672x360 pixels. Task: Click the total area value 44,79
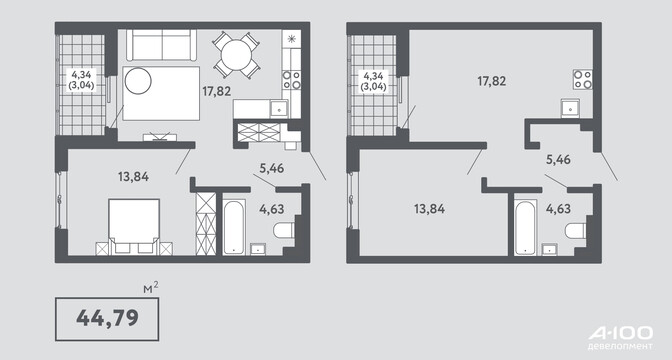(107, 318)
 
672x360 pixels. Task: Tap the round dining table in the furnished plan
(236, 55)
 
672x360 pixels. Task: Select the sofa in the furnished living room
(162, 45)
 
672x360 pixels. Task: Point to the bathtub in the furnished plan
(234, 227)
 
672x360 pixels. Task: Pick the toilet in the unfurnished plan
(575, 231)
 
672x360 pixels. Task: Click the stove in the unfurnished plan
(583, 79)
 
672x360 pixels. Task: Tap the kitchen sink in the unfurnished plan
(570, 108)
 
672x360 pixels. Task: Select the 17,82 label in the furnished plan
(217, 91)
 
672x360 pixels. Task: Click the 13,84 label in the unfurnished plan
(429, 209)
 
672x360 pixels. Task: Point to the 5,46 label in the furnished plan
(272, 168)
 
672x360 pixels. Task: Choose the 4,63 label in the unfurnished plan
(558, 209)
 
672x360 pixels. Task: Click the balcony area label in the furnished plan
(81, 79)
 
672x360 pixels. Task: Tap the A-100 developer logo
(621, 338)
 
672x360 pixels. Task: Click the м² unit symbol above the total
(151, 288)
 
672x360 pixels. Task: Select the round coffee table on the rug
(138, 81)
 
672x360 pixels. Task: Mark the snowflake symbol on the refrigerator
(291, 39)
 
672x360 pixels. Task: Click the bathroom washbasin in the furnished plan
(258, 249)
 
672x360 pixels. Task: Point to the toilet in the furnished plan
(284, 230)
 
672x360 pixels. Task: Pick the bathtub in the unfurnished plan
(526, 227)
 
